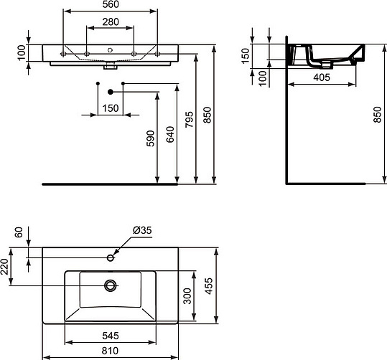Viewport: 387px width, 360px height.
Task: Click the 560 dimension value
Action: (x=111, y=6)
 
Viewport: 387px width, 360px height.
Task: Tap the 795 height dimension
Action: (x=189, y=118)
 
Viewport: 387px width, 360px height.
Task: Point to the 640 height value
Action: (x=169, y=136)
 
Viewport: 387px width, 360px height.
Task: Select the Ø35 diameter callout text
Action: (x=141, y=230)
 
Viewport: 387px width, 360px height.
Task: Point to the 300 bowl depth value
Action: (x=186, y=299)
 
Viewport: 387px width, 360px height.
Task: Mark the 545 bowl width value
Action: (x=111, y=335)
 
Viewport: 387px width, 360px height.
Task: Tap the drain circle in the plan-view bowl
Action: (x=110, y=285)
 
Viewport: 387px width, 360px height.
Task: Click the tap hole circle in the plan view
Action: (x=110, y=255)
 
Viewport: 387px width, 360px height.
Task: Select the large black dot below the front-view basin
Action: (x=110, y=92)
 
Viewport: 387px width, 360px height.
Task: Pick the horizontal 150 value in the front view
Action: (x=110, y=108)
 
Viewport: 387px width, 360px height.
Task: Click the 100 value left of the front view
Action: (x=21, y=52)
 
